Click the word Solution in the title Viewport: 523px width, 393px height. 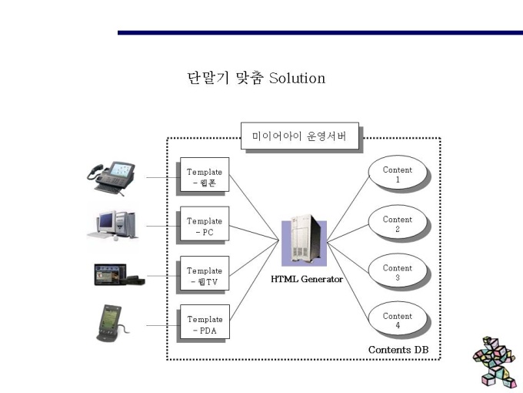tap(297, 78)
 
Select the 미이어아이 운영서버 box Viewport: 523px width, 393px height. tap(299, 136)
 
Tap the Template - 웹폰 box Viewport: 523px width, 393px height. tap(205, 174)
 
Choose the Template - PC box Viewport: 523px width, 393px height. tap(205, 223)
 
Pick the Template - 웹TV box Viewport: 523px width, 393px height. tap(205, 273)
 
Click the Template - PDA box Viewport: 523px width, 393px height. tap(205, 321)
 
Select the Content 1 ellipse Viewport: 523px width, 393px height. tap(398, 173)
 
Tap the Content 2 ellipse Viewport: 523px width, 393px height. tap(398, 222)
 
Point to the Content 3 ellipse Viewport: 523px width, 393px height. tap(398, 270)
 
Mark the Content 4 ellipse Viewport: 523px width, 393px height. tap(398, 318)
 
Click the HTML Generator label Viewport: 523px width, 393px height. tap(307, 279)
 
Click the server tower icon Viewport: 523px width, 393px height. tap(305, 240)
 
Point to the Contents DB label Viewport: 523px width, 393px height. tap(398, 350)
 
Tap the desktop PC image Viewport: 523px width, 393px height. tap(112, 226)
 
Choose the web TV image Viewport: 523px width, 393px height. tap(119, 274)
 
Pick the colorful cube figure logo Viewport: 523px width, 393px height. tap(495, 362)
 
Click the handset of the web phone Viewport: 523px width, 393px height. tap(95, 171)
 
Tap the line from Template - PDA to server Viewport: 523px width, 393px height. tap(255, 280)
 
